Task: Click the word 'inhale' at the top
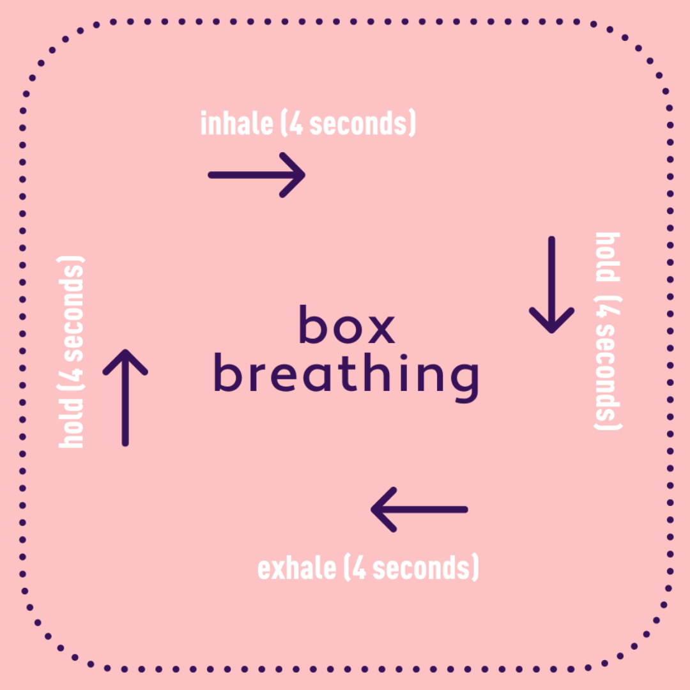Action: coord(236,123)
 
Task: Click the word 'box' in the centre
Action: coord(347,325)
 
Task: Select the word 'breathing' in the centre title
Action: coord(346,376)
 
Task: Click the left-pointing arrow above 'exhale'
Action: coord(419,509)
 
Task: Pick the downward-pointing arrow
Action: coord(551,285)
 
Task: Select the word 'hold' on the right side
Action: coord(608,257)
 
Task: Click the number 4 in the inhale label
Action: coord(296,123)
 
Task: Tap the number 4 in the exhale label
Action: coord(358,568)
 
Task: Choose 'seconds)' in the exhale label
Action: coord(425,568)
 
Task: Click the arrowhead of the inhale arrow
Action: coord(294,174)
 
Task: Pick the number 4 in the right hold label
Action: coord(608,316)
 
